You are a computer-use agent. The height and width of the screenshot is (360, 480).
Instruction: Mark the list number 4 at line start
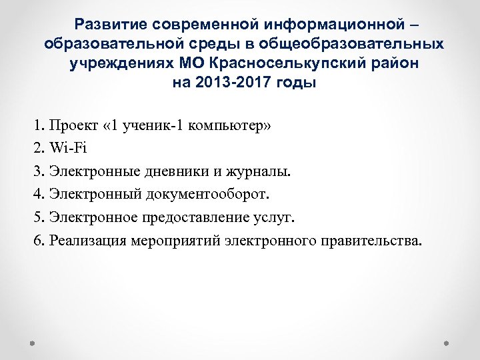point(37,194)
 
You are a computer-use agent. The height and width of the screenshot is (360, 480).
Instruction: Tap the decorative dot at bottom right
point(446,344)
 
